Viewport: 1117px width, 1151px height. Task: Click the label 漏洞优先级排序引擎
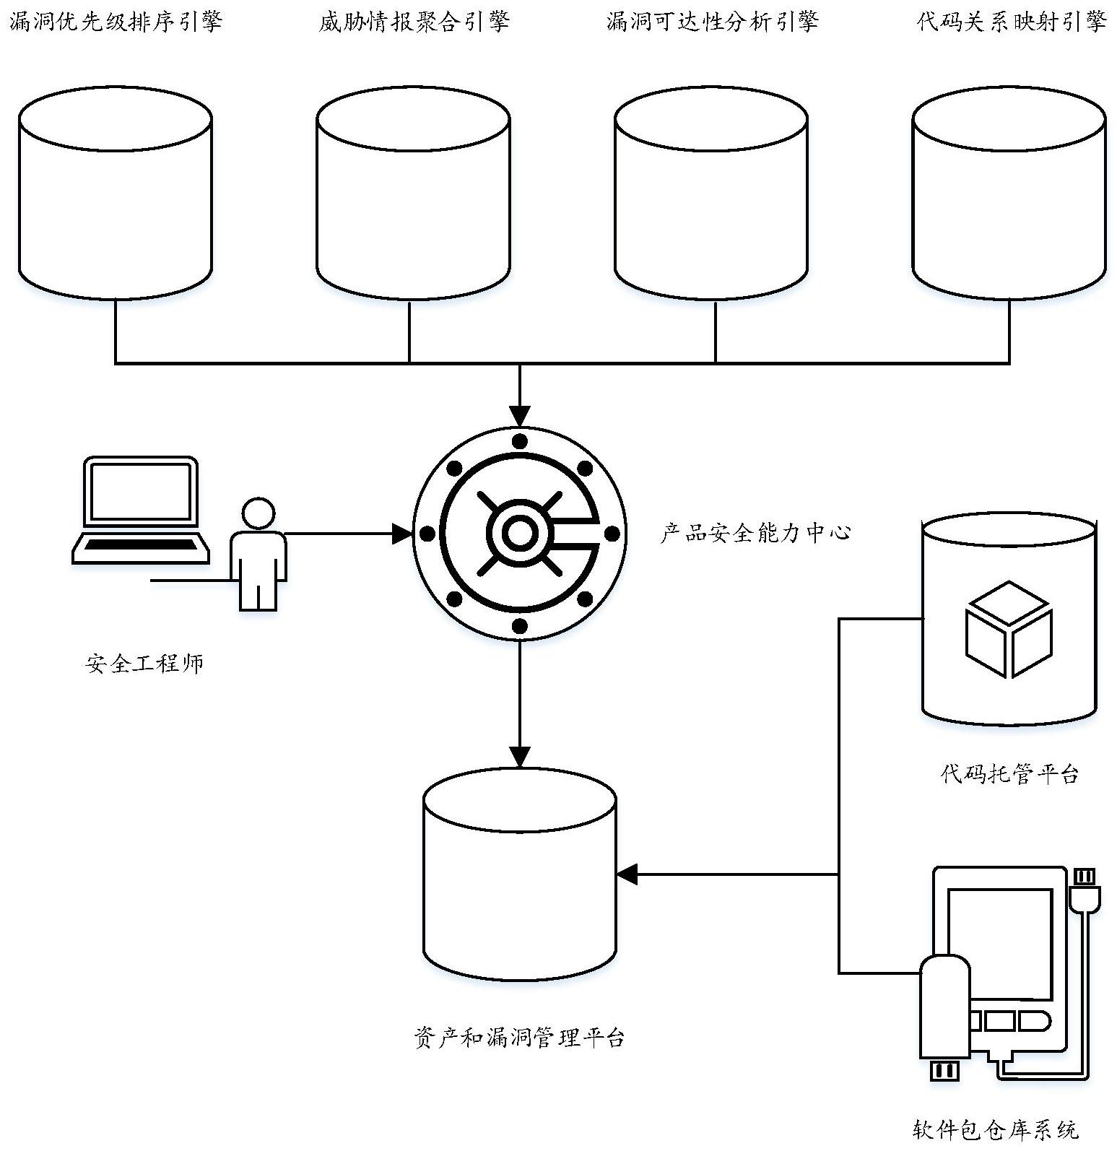point(116,22)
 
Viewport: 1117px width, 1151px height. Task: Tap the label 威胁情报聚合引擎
point(414,22)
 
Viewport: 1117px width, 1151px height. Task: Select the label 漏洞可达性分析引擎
point(712,22)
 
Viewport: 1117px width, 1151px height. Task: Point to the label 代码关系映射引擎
point(1012,22)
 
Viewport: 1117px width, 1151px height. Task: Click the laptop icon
point(141,510)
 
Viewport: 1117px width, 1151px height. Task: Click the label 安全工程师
point(144,663)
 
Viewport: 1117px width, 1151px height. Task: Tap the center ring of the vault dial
point(518,534)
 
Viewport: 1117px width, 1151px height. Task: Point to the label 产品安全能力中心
point(755,533)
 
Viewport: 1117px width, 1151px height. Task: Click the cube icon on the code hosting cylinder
point(1009,629)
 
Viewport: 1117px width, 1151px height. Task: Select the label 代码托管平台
point(1009,774)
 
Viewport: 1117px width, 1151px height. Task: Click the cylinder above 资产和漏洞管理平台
point(520,874)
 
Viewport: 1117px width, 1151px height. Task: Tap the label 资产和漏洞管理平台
point(520,1038)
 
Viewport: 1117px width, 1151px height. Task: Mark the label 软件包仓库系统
point(995,1129)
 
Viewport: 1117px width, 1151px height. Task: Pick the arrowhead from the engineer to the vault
point(402,534)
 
